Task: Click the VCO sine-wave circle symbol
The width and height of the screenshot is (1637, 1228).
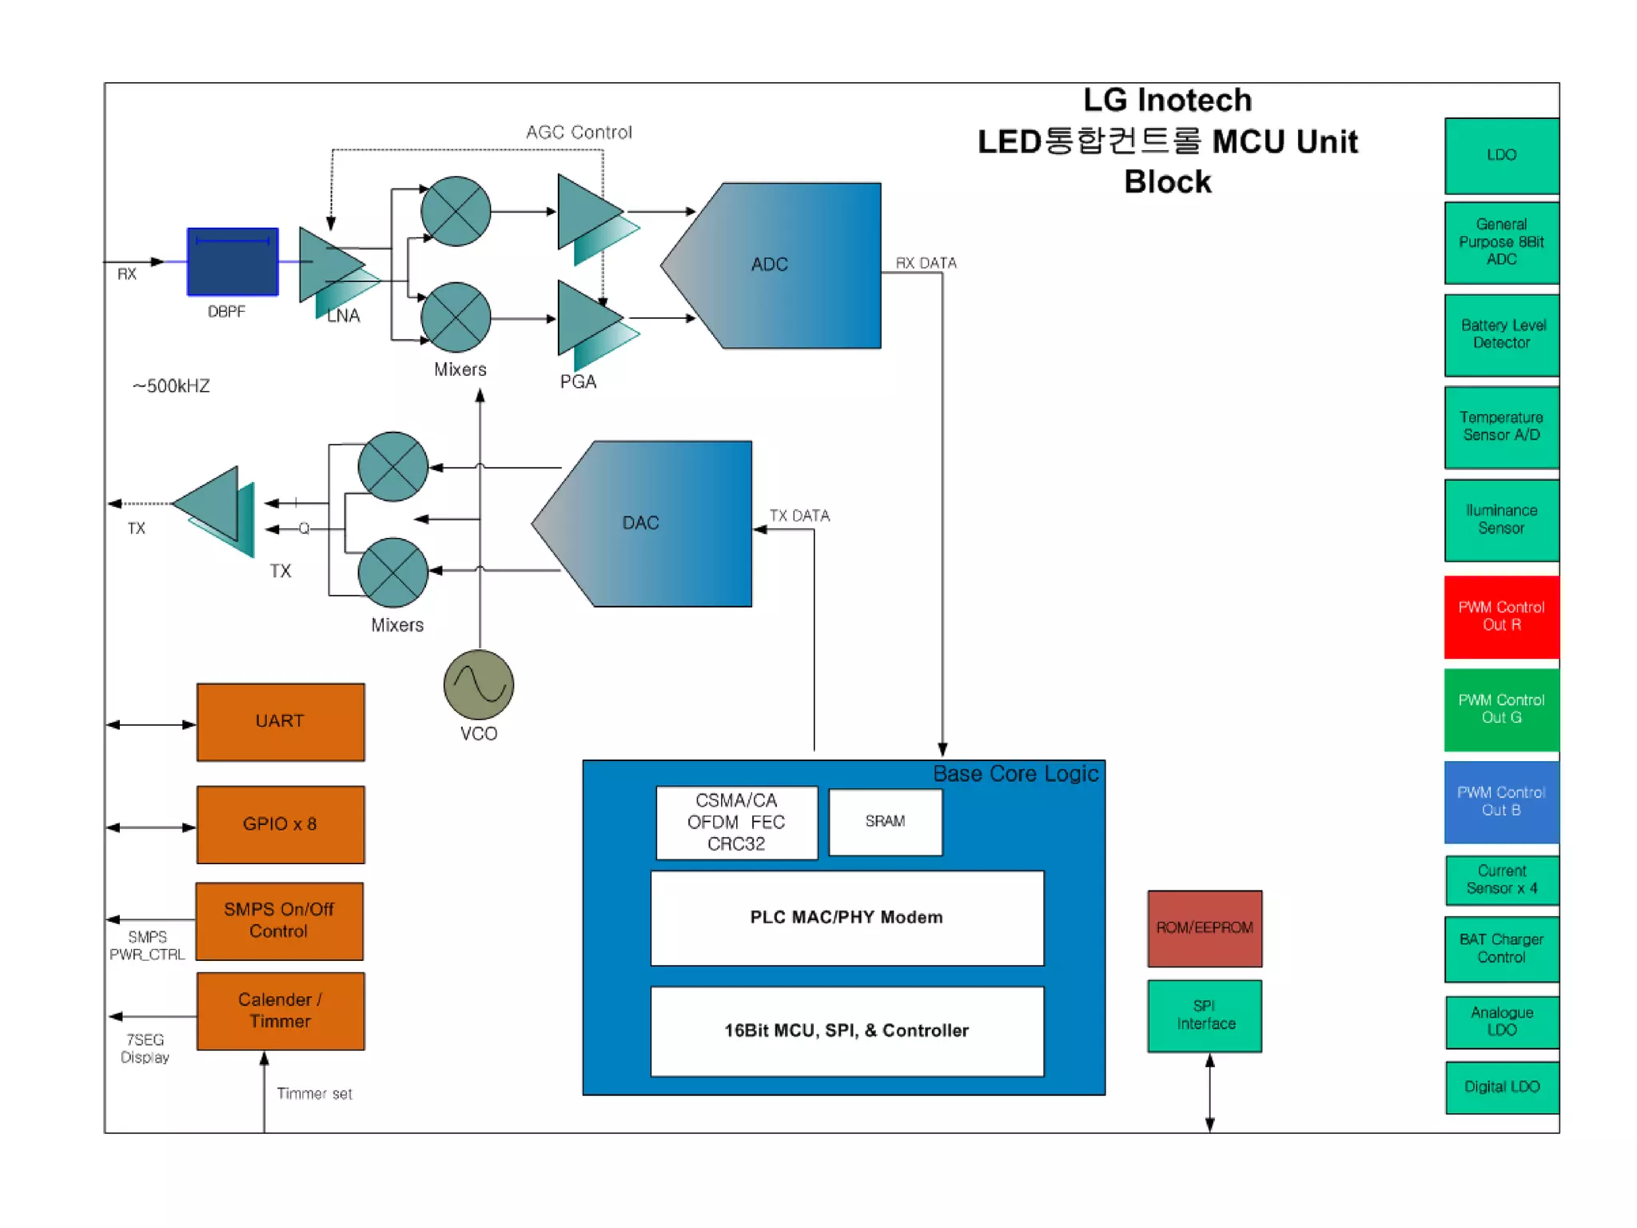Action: click(x=478, y=684)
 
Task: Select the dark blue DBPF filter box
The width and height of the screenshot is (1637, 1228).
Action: click(x=233, y=262)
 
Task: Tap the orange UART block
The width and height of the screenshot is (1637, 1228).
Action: click(x=281, y=721)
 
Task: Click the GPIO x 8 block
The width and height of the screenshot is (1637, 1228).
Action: click(x=281, y=824)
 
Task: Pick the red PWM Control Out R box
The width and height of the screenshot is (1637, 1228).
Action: click(x=1500, y=616)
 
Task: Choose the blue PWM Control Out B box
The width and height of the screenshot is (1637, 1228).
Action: click(x=1500, y=802)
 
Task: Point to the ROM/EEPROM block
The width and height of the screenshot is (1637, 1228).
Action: click(x=1204, y=927)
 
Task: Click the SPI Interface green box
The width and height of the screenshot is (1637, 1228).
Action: click(x=1204, y=1015)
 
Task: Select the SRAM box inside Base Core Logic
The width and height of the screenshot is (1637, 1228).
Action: click(x=885, y=822)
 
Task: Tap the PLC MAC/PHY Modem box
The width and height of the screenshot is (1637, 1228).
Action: click(x=846, y=918)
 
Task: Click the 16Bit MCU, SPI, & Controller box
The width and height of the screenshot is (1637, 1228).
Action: click(x=846, y=1031)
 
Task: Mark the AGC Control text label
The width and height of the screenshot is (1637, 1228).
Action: click(x=579, y=133)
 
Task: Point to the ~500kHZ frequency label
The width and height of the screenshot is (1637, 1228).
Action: click(x=171, y=386)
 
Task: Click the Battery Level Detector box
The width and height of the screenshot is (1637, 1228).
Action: click(x=1500, y=334)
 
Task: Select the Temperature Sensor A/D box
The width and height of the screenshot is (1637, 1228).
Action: click(x=1500, y=426)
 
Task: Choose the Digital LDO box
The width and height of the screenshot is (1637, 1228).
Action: click(x=1501, y=1086)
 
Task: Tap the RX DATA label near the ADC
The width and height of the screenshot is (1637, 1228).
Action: click(x=926, y=263)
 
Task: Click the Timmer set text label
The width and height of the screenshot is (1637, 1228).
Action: click(x=314, y=1094)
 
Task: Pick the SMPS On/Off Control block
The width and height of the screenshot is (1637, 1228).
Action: click(x=279, y=920)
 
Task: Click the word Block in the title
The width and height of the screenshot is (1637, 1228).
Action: click(x=1167, y=182)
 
